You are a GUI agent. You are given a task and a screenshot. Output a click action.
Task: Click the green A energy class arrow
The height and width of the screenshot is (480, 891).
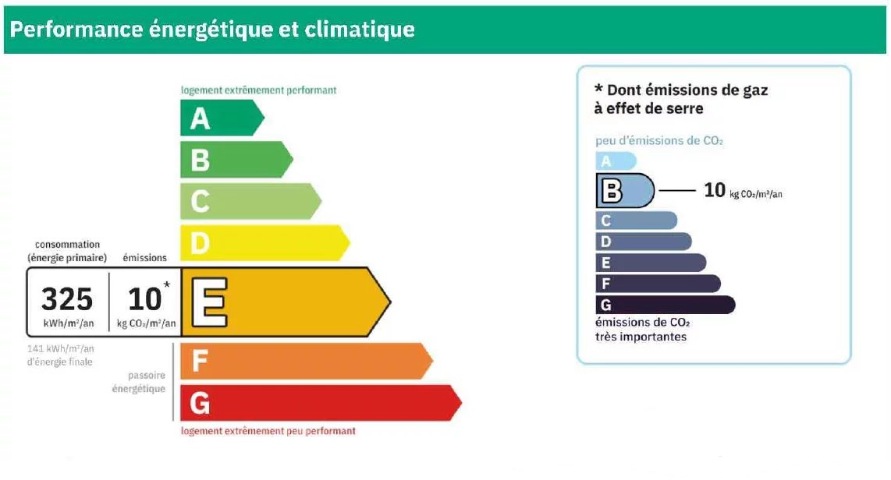click(222, 118)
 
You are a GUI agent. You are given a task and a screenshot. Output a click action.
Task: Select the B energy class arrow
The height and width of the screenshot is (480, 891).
click(236, 160)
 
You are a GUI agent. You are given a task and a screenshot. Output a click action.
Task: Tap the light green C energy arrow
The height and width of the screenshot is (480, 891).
click(250, 201)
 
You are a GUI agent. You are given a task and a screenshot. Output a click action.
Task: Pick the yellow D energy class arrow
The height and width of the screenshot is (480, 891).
click(264, 243)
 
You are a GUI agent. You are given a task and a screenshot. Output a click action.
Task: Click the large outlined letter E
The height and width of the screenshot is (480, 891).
click(210, 302)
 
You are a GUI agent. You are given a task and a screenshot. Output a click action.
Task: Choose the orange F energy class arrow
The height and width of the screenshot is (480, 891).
click(306, 361)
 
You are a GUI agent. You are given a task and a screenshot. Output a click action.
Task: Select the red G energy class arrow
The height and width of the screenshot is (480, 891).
click(321, 403)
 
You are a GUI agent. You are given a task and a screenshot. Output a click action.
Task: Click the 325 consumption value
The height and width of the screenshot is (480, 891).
click(67, 299)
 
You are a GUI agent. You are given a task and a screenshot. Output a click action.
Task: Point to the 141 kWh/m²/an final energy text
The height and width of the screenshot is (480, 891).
click(60, 355)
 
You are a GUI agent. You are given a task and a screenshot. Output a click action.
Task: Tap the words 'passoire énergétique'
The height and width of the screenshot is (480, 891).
click(139, 382)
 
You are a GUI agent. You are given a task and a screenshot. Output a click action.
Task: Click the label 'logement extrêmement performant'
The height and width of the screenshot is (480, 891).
click(258, 90)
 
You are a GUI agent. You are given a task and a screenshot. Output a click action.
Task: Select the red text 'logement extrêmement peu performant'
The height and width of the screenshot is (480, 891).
click(268, 431)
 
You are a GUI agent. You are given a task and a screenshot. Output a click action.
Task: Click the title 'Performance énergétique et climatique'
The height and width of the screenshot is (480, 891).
click(212, 30)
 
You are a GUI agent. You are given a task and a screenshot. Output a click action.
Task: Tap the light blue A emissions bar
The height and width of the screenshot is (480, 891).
click(616, 161)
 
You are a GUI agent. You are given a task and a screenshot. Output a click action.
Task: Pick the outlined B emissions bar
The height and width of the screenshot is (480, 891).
click(625, 191)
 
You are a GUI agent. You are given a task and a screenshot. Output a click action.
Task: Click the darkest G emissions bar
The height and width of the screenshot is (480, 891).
click(666, 305)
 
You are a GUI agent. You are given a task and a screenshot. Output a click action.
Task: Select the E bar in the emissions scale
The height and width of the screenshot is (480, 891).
click(651, 263)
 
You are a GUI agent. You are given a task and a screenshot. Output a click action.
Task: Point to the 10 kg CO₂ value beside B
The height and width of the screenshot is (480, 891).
click(743, 190)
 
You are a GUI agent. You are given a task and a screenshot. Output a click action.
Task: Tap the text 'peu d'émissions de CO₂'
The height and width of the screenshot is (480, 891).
click(659, 141)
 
